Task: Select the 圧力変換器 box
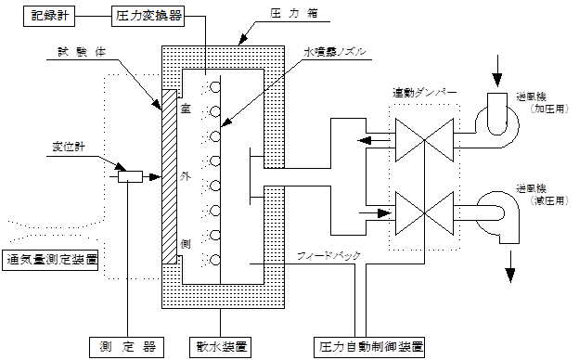point(148,16)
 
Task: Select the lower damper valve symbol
point(421,212)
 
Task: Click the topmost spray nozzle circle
point(214,90)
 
